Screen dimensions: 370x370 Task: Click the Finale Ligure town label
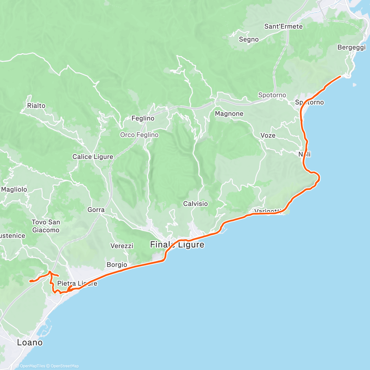coord(177,245)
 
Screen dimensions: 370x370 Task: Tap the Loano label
coord(30,343)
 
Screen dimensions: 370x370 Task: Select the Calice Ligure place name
coord(93,157)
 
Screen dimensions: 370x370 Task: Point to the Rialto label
coord(36,106)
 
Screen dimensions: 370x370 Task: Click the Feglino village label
coord(143,118)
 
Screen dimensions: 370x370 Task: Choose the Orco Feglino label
coord(139,135)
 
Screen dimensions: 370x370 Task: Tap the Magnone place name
coord(229,114)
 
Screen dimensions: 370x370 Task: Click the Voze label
coord(268,136)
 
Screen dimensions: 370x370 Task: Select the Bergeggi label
coord(351,47)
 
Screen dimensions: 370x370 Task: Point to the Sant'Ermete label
coord(283,27)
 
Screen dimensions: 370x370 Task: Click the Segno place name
coord(249,39)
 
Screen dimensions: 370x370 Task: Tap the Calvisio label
coord(195,204)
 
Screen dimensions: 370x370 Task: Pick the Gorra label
coord(96,210)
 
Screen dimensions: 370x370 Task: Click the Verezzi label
coord(122,246)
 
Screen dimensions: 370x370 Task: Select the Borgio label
coord(117,265)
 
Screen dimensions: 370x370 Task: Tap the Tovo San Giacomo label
coord(46,226)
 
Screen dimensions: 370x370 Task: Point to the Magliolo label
coord(14,190)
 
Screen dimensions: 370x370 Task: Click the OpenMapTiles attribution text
coord(32,366)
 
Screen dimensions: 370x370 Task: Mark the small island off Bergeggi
coord(355,84)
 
